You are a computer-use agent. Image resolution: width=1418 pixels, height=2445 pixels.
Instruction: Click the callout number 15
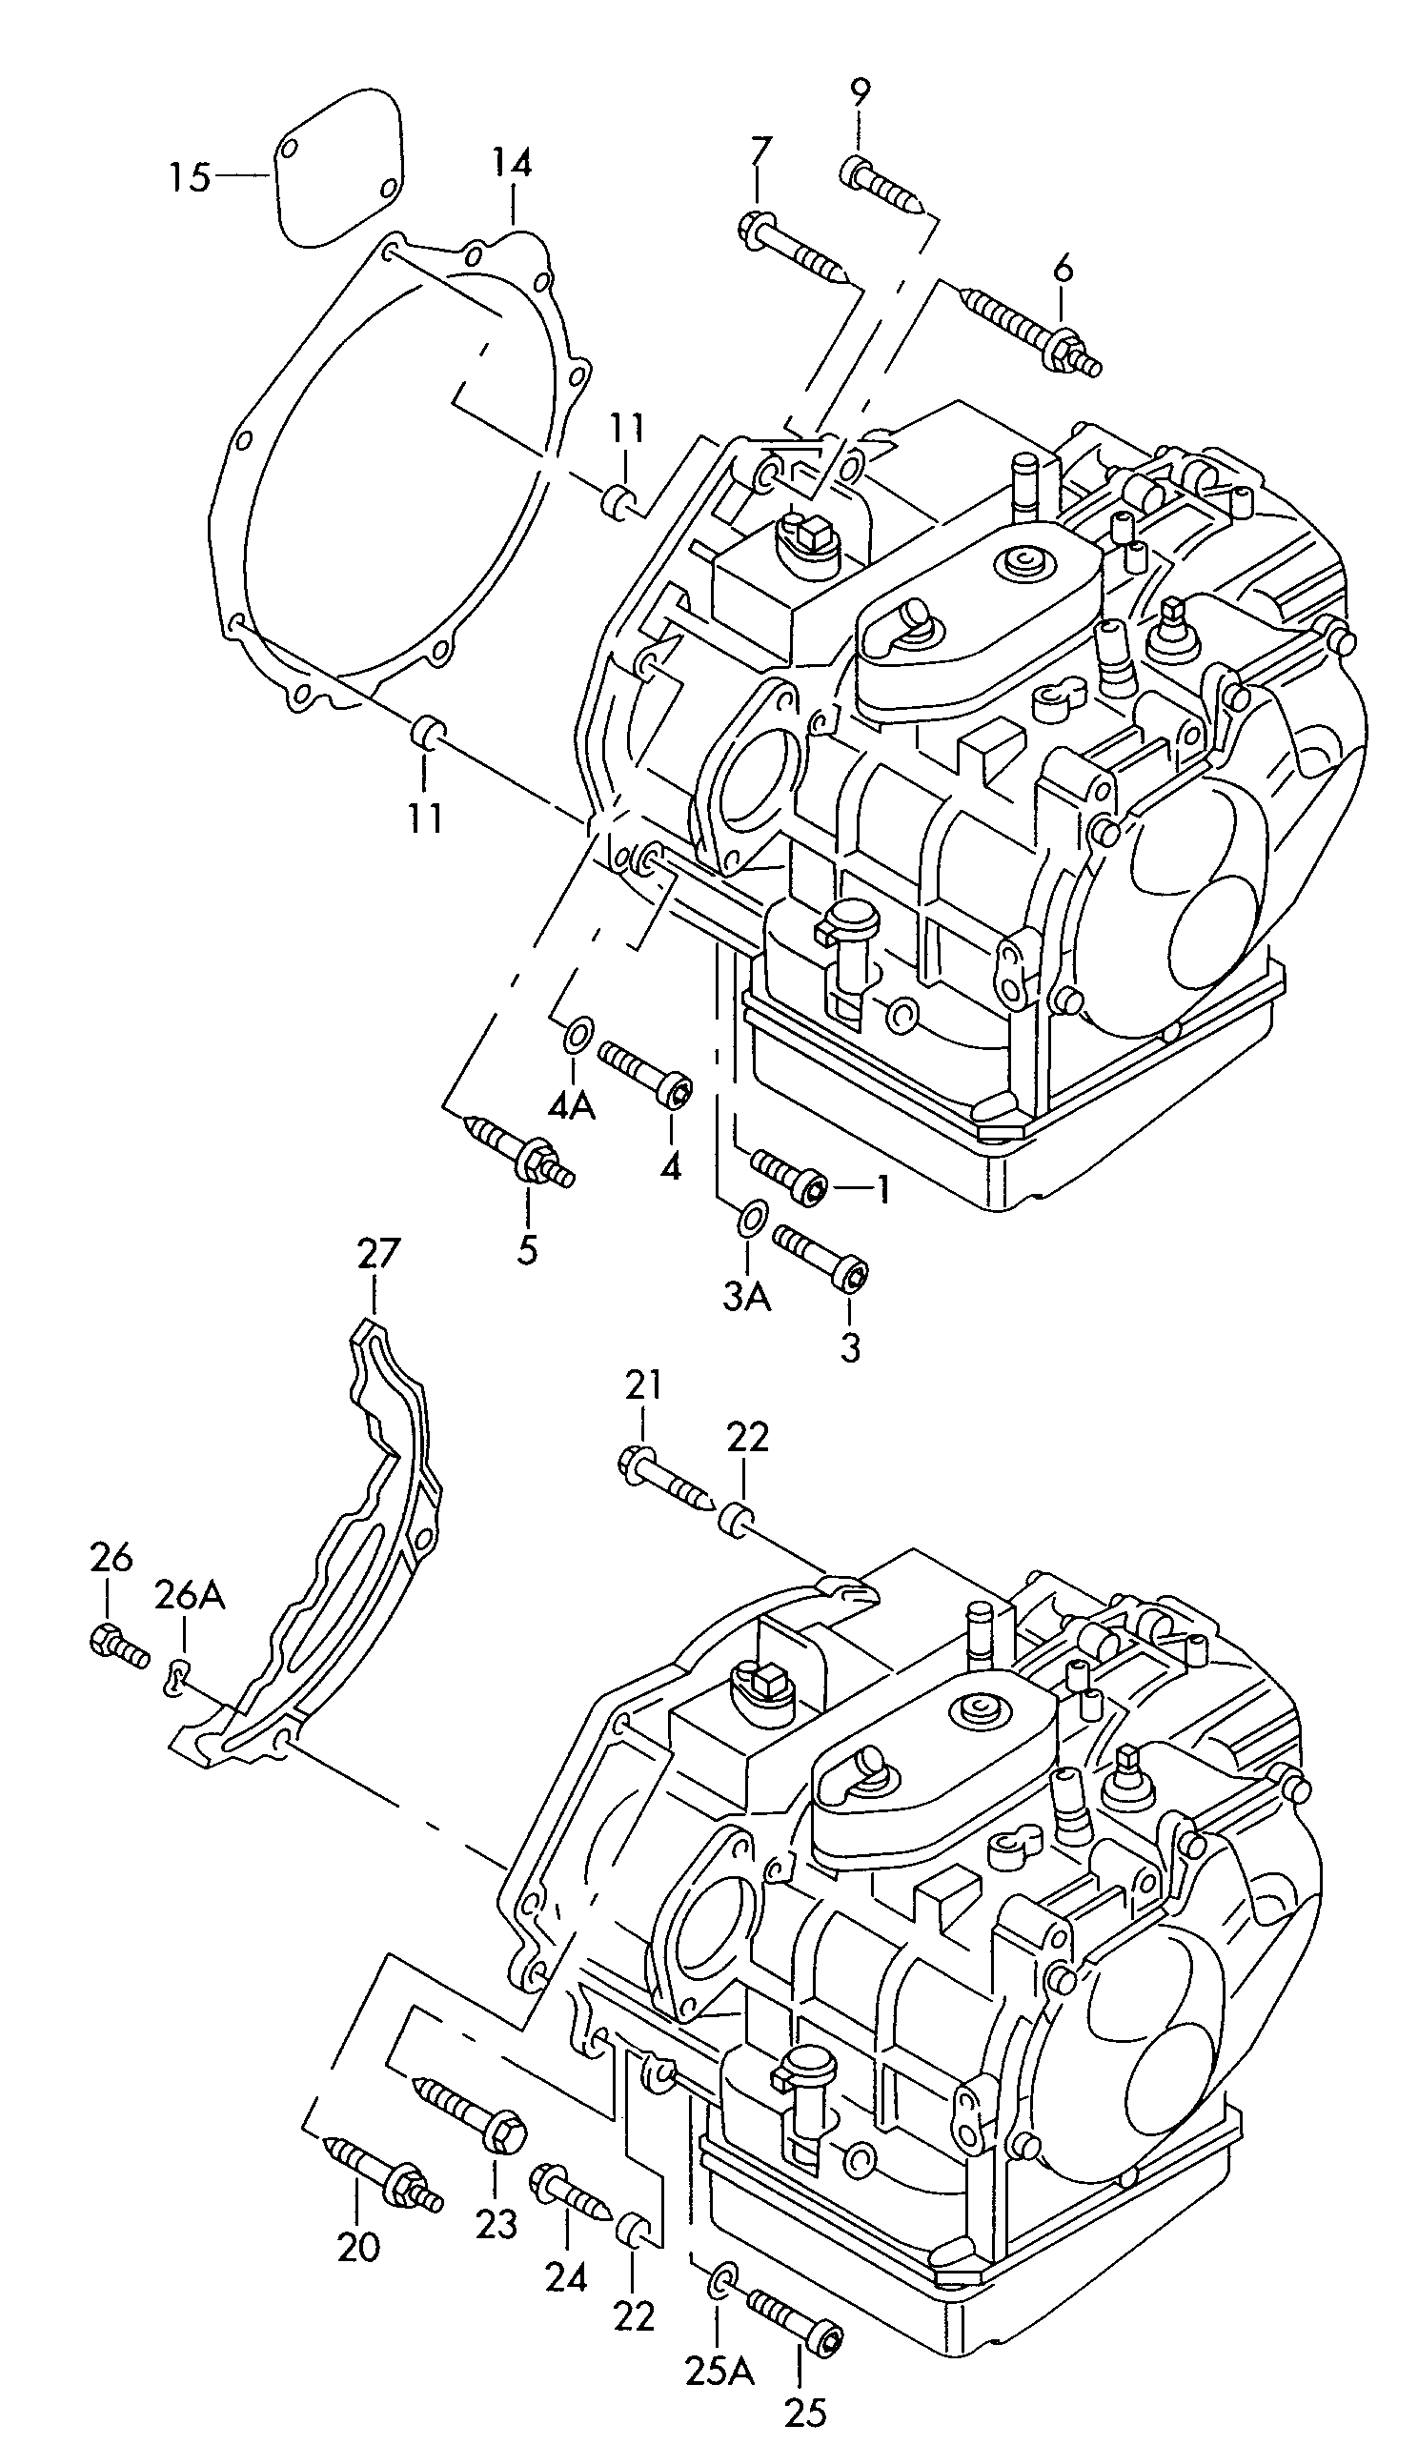coord(190,177)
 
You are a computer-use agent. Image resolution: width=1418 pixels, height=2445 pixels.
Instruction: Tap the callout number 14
coord(512,162)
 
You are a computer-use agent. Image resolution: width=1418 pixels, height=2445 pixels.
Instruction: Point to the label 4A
coord(572,1105)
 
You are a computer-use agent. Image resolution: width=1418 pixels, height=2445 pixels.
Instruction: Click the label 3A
coord(746,1296)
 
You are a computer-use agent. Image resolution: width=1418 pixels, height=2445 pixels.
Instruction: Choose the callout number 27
coord(377,1254)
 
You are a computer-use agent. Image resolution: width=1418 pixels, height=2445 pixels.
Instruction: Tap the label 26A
coord(190,1593)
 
